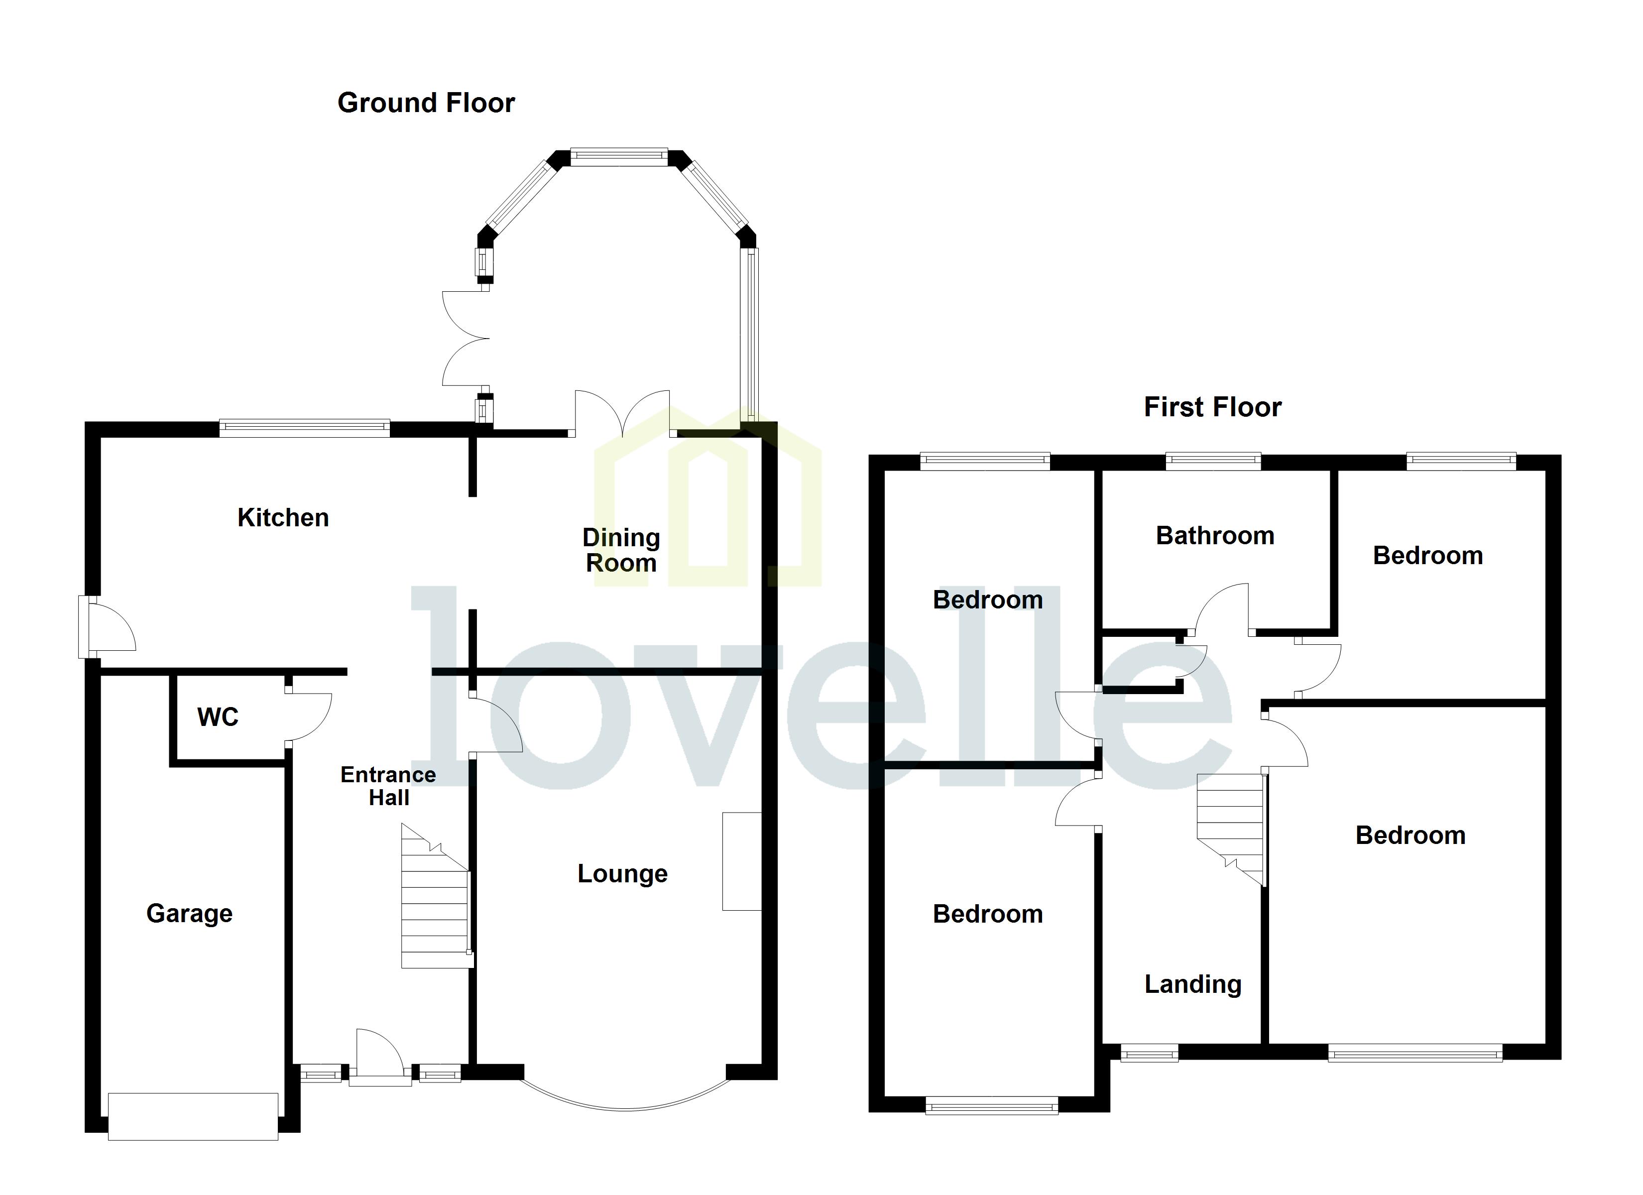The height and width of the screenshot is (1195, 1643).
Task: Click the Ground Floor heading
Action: pos(426,103)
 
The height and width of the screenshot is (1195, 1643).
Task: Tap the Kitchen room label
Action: pos(283,517)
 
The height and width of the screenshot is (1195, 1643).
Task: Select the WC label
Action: pos(218,717)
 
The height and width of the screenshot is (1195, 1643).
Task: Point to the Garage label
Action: pos(189,913)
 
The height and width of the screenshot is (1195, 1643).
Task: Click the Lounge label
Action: pos(622,873)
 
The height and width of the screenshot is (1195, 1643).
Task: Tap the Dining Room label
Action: pos(621,550)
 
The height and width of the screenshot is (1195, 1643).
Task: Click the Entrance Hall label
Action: pos(388,786)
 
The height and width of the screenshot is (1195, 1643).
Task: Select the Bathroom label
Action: pos(1215,536)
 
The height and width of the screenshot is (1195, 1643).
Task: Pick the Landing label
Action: pos(1192,984)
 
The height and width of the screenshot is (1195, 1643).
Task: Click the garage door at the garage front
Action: pos(193,1116)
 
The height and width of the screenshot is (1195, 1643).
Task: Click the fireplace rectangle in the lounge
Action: pos(741,861)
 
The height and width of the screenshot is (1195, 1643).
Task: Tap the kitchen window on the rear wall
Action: pos(304,428)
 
